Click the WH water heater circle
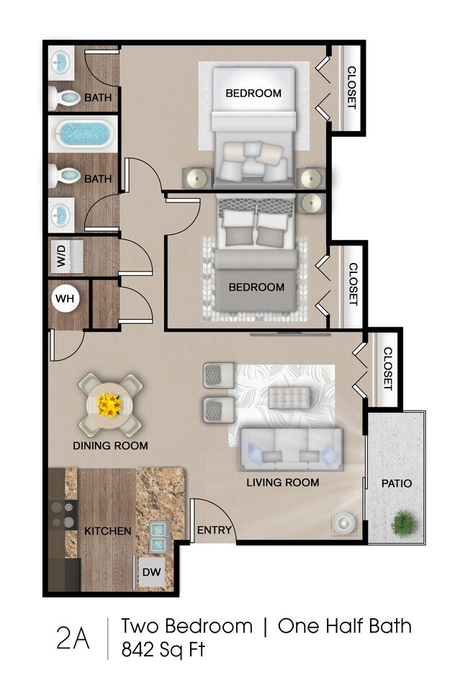point(66,298)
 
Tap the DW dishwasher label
point(151,572)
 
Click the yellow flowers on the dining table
point(109,405)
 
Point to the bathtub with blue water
point(83,133)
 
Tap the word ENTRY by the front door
point(215,530)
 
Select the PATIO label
point(396,483)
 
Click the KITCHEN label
point(107,530)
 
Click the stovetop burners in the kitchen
point(63,514)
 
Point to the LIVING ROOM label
point(283,482)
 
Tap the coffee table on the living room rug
point(289,398)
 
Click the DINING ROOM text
point(110,445)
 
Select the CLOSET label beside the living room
point(387,368)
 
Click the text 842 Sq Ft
point(163,649)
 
